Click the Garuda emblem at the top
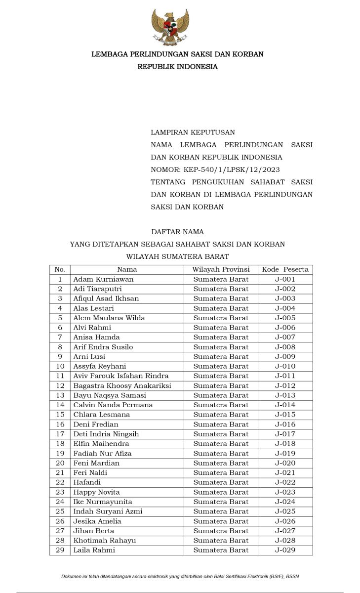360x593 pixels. click(x=170, y=27)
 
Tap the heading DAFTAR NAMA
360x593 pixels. click(x=177, y=232)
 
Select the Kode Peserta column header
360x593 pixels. click(x=285, y=269)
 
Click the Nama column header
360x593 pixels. click(x=127, y=269)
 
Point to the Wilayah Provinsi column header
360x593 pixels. click(x=221, y=269)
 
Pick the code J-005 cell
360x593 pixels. click(x=285, y=318)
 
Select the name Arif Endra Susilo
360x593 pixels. click(x=103, y=347)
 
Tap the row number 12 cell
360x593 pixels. click(x=60, y=385)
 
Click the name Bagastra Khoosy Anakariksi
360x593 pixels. click(x=122, y=385)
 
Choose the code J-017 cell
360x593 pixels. click(x=285, y=434)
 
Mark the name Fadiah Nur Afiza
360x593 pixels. click(x=102, y=453)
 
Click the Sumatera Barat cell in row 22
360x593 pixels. click(x=221, y=482)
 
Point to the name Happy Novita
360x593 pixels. click(x=96, y=492)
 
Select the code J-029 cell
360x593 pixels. click(x=285, y=550)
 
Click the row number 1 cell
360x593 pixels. click(x=60, y=279)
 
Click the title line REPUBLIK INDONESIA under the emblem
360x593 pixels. click(x=177, y=67)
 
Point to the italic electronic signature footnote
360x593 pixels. click(x=180, y=576)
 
